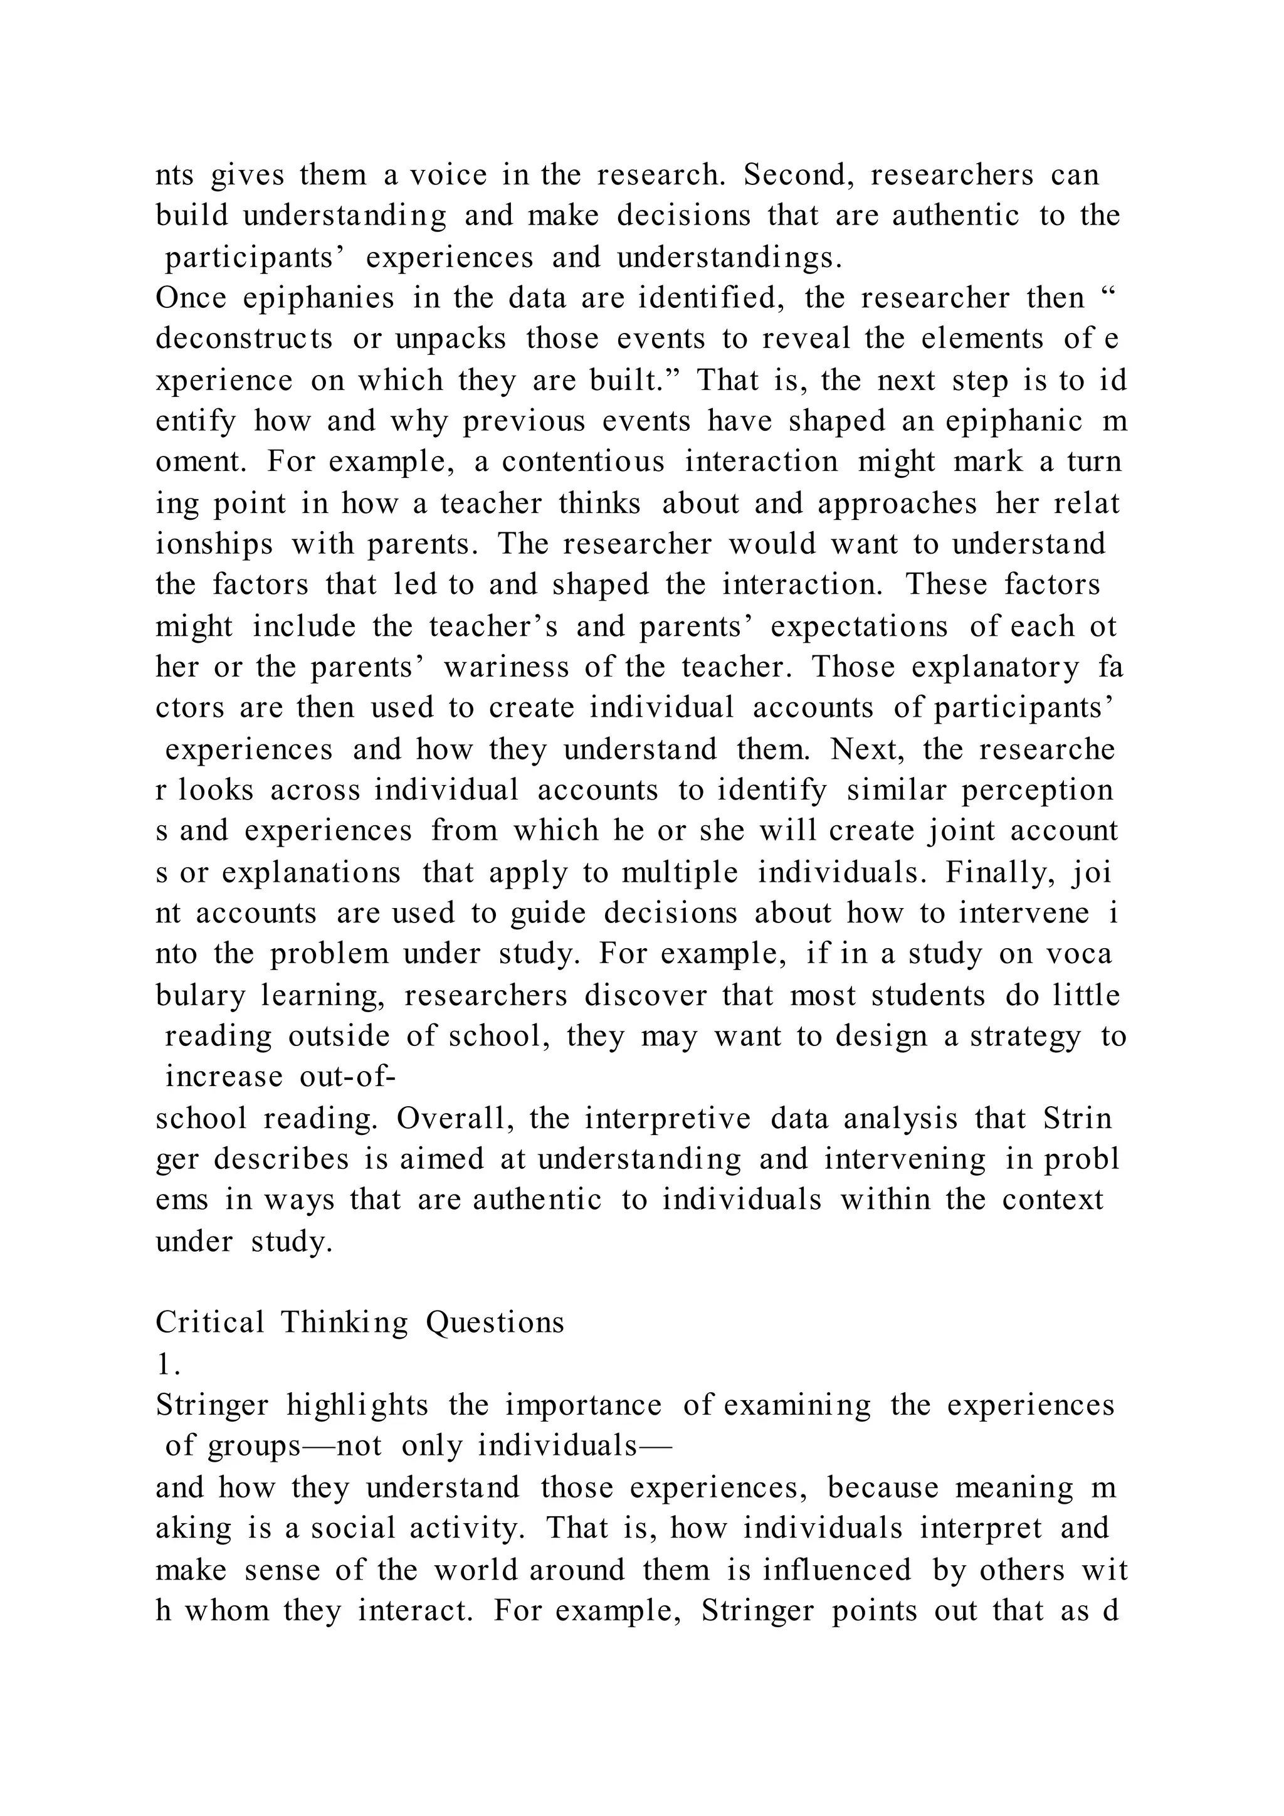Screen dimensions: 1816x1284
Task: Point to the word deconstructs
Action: tap(245, 339)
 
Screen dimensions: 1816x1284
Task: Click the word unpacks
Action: tap(451, 339)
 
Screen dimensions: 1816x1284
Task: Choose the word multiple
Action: tap(680, 872)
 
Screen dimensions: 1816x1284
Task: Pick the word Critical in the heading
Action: tap(209, 1323)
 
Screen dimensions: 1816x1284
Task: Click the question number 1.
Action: tap(167, 1365)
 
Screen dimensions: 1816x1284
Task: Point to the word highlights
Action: tap(357, 1405)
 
